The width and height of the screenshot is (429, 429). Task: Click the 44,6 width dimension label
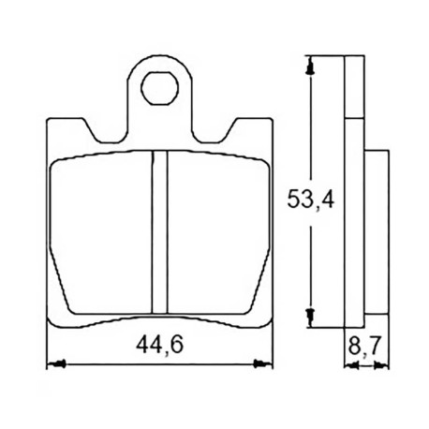pyautogui.click(x=159, y=345)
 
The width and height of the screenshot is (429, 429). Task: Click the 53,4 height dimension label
pyautogui.click(x=310, y=200)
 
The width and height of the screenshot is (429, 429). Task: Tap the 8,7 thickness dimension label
pyautogui.click(x=364, y=346)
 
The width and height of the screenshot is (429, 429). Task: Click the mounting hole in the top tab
pyautogui.click(x=159, y=88)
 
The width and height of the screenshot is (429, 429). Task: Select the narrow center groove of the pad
pyautogui.click(x=159, y=231)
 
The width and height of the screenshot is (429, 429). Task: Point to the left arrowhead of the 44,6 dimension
pyautogui.click(x=56, y=364)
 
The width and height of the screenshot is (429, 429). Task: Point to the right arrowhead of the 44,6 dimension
pyautogui.click(x=262, y=364)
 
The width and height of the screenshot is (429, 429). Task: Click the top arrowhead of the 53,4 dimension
pyautogui.click(x=310, y=65)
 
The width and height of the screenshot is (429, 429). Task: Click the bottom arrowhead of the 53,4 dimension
pyautogui.click(x=310, y=318)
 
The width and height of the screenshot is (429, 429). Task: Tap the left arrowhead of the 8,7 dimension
pyautogui.click(x=351, y=364)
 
